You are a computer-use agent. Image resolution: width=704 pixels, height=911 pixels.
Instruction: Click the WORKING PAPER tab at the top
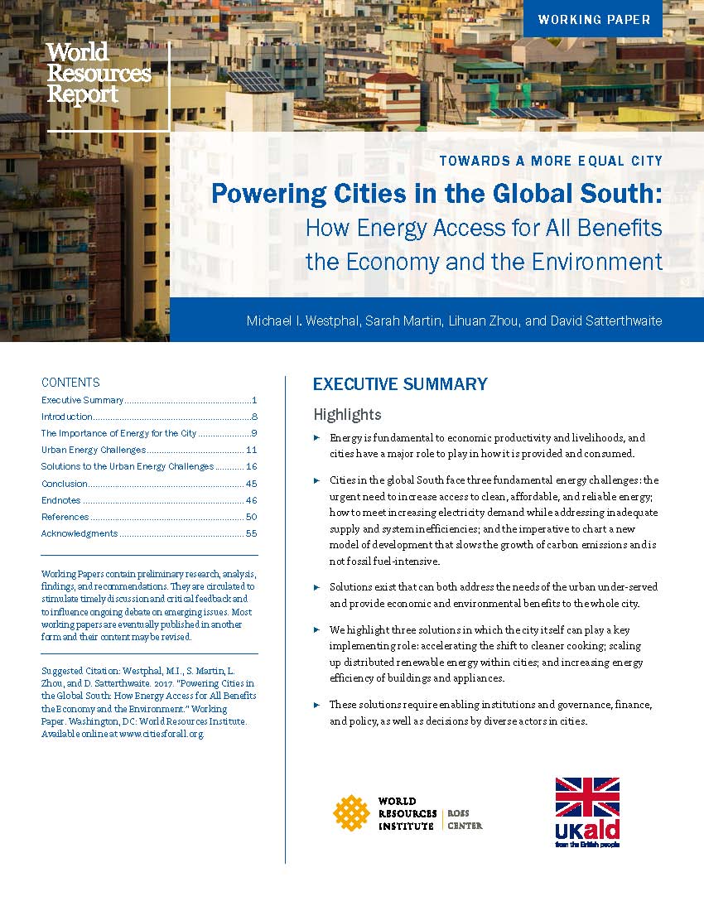[x=593, y=19]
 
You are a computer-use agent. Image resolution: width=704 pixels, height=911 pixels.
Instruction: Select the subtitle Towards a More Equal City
[x=551, y=161]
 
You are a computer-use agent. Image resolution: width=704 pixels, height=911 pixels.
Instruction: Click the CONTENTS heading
[x=70, y=383]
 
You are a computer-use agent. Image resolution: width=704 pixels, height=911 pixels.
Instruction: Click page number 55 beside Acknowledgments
[x=251, y=533]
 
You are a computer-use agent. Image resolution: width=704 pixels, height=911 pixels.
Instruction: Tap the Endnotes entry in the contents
[x=61, y=500]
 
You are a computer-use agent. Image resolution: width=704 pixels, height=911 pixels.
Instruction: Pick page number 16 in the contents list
[x=251, y=466]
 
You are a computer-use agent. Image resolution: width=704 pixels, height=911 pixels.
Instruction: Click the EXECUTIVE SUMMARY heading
[x=400, y=384]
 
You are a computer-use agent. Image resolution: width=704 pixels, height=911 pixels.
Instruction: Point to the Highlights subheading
[x=347, y=415]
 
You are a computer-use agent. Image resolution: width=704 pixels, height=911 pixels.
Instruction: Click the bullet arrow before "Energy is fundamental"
[x=316, y=437]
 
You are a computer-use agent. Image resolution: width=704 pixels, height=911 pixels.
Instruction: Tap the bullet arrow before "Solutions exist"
[x=316, y=586]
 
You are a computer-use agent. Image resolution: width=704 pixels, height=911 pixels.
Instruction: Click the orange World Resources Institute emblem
[x=351, y=812]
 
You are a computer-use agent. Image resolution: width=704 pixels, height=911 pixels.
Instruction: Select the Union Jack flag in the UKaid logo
[x=587, y=797]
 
